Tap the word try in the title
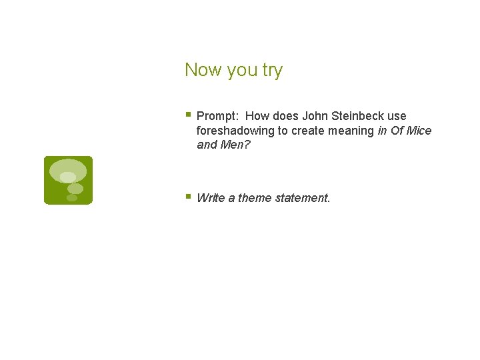tap(272, 71)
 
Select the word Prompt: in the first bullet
tap(218, 116)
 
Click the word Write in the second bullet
tap(211, 198)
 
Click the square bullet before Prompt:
tap(189, 115)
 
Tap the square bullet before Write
tap(189, 197)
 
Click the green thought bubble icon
tap(68, 180)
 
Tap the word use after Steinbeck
tap(397, 116)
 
